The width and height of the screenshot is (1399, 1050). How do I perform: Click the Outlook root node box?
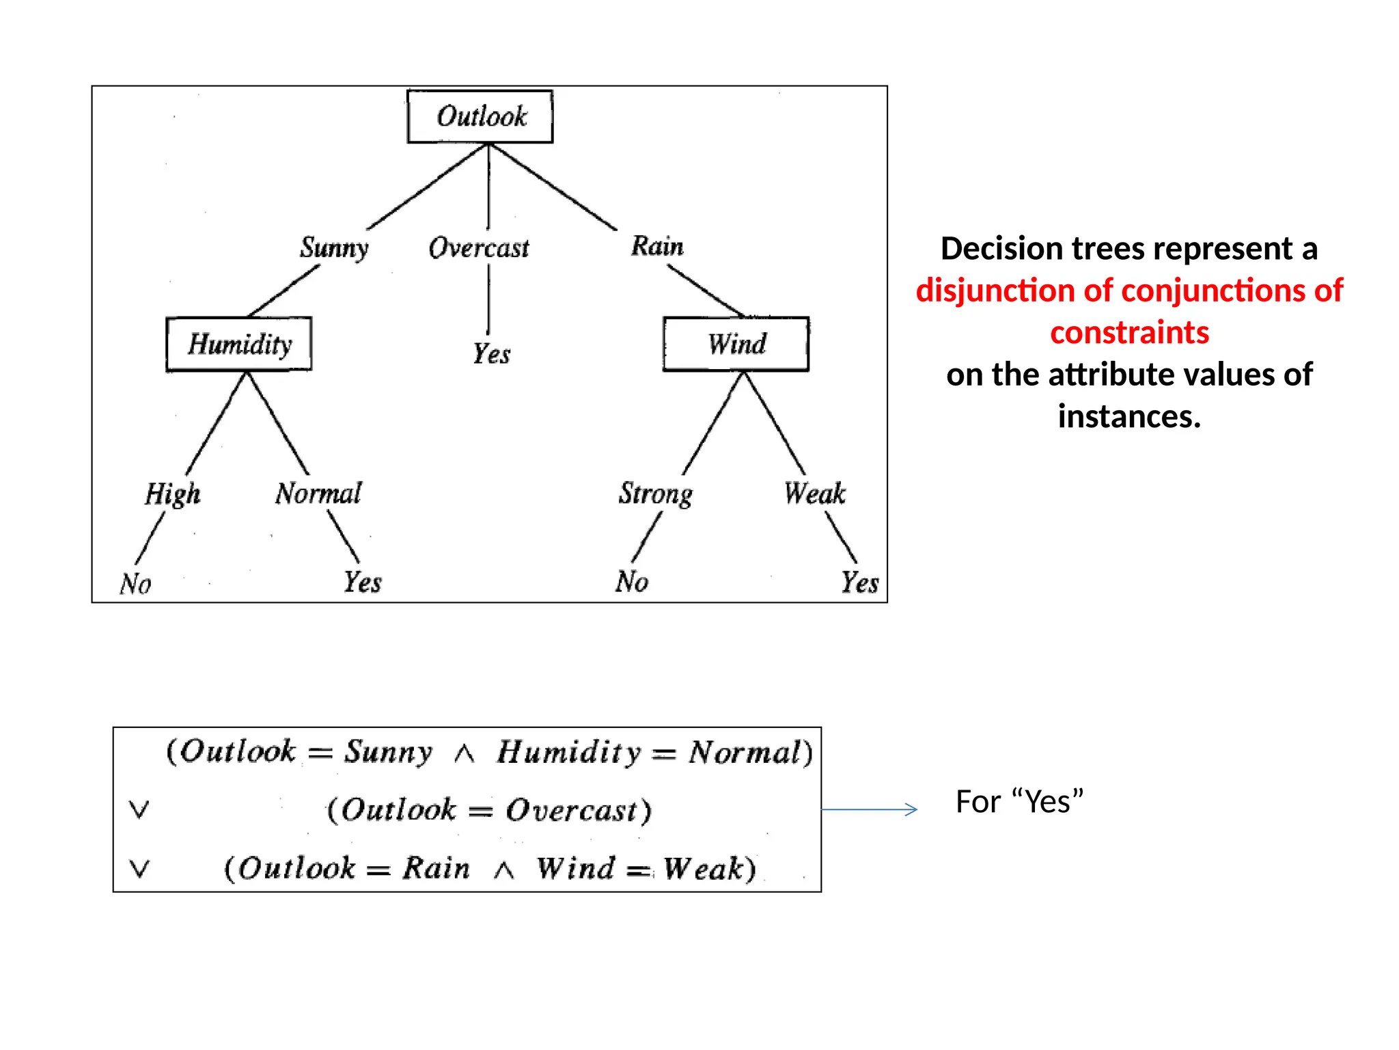[480, 116]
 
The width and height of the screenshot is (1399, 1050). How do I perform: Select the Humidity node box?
[239, 344]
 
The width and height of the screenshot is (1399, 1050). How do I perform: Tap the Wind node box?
[736, 344]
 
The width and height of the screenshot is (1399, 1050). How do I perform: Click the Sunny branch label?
[334, 247]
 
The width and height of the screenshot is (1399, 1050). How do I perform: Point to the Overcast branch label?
[478, 247]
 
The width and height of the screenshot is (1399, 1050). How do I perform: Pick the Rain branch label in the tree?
[656, 246]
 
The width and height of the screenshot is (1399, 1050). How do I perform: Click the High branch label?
[172, 494]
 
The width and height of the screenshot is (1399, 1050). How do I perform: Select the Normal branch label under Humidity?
[318, 493]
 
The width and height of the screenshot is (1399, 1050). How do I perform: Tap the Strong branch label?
[655, 494]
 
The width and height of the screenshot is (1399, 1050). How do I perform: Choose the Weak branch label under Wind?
[814, 493]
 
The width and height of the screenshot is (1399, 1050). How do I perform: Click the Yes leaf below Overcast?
[491, 354]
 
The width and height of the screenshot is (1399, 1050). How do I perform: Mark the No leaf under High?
[135, 584]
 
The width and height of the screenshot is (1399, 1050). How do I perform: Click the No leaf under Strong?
[631, 582]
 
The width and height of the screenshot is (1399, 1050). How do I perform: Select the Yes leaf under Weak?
[859, 582]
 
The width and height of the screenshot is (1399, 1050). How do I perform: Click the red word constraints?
[1129, 333]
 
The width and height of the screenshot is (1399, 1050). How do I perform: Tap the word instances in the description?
[1128, 416]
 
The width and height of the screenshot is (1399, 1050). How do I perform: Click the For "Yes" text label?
[1019, 802]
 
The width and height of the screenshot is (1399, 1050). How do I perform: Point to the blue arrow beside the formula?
[869, 809]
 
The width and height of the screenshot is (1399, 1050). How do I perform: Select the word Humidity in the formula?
[569, 752]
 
